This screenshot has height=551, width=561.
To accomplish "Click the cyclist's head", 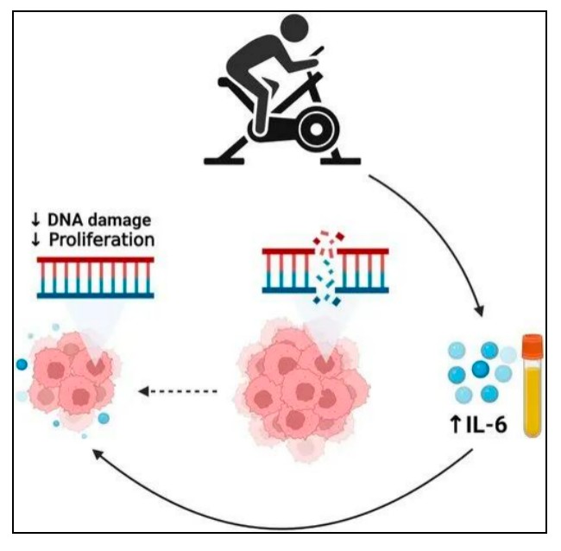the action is coord(294,29).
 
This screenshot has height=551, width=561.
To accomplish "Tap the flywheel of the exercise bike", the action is coord(316,130).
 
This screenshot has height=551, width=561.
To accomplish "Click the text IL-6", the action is coord(487,425).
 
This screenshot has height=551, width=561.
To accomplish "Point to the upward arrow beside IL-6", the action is coord(456,425).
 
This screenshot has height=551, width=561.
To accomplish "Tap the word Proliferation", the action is coord(102,239).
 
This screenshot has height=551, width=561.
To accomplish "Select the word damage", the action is coord(119,221).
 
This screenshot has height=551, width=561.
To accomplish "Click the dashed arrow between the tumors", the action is coord(178,391).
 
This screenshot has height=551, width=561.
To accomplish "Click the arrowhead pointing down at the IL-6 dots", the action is coord(479,311).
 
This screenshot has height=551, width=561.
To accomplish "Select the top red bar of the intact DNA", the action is coord(96,260).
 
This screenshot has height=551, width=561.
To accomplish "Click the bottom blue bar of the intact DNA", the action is coord(96,295).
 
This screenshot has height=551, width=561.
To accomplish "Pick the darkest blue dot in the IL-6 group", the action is coord(481,369).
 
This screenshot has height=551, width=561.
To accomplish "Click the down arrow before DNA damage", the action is coord(35,220).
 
